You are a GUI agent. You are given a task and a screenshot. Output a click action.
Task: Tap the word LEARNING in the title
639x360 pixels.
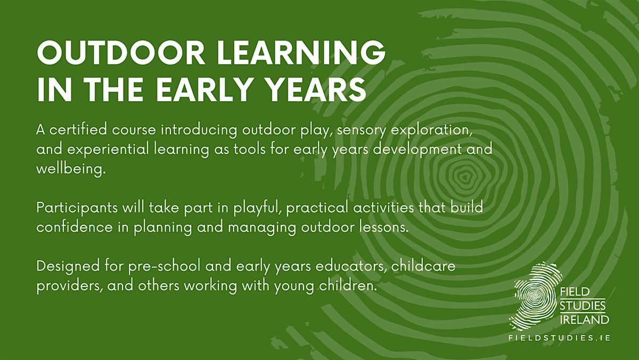[x=301, y=53]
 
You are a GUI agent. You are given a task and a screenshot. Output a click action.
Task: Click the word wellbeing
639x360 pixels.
[x=71, y=169]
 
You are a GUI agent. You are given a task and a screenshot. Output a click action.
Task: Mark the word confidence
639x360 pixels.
[x=75, y=227]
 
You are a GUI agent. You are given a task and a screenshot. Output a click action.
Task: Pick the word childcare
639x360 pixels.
[x=423, y=266]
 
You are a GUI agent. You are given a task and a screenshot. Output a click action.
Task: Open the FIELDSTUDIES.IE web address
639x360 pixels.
[x=560, y=338]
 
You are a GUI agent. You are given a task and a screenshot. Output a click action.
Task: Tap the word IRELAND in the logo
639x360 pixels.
[x=584, y=320]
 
